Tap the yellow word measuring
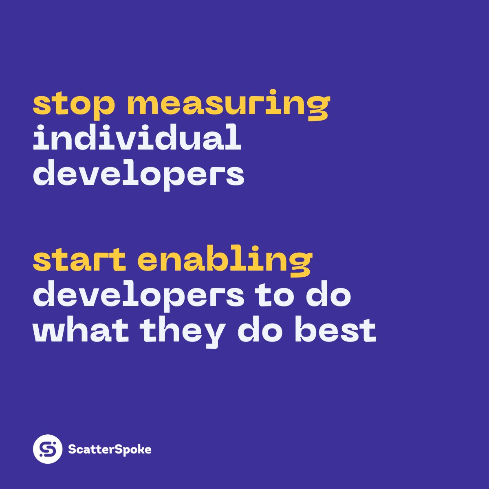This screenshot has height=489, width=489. point(228,104)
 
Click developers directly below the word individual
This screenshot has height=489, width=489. point(139,174)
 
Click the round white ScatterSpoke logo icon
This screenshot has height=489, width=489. point(48,449)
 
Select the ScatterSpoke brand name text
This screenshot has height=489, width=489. point(110,449)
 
